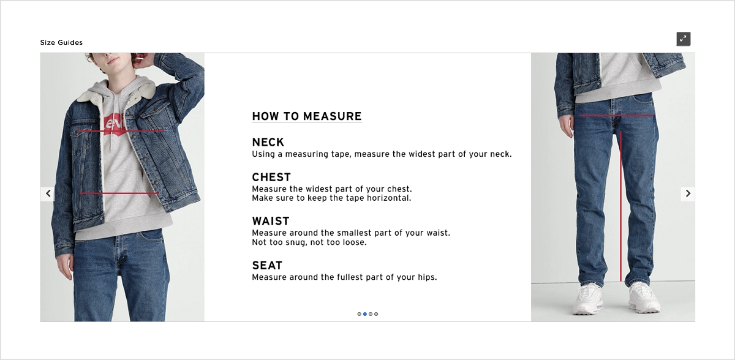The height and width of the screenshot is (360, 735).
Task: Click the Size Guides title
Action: click(x=61, y=42)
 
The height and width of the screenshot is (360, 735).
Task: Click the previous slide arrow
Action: click(x=48, y=193)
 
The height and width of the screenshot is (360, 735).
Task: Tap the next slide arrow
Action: click(x=688, y=193)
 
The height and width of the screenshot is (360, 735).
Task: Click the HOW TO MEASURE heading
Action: click(x=307, y=116)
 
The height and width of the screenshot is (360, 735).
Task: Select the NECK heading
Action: click(x=268, y=143)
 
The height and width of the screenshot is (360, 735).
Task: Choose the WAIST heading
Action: click(x=271, y=221)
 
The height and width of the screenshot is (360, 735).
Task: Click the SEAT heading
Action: click(x=267, y=266)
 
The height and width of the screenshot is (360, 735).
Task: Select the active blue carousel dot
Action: click(x=365, y=314)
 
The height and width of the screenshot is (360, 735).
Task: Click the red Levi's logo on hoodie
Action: click(x=115, y=124)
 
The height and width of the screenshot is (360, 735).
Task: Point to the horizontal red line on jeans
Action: click(x=616, y=115)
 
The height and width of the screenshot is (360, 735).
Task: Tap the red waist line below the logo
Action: click(x=119, y=193)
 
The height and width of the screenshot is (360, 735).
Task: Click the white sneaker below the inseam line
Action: click(x=643, y=298)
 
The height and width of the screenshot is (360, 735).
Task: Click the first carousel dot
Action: click(x=360, y=314)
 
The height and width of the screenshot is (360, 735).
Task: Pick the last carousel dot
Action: click(x=376, y=314)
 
